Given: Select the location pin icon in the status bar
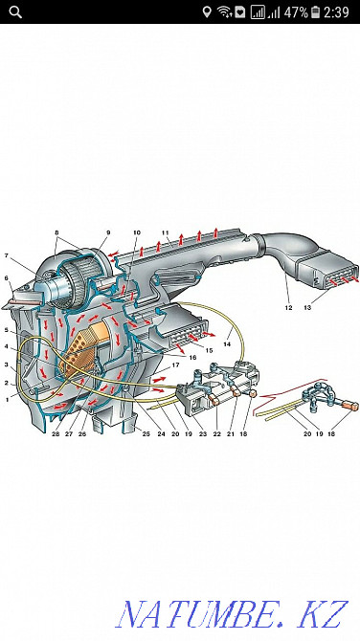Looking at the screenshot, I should [206, 12].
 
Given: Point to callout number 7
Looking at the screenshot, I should [7, 256].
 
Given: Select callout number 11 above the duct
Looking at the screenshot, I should [165, 232].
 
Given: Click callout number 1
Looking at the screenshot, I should [7, 400].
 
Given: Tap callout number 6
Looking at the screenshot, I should [7, 279].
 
